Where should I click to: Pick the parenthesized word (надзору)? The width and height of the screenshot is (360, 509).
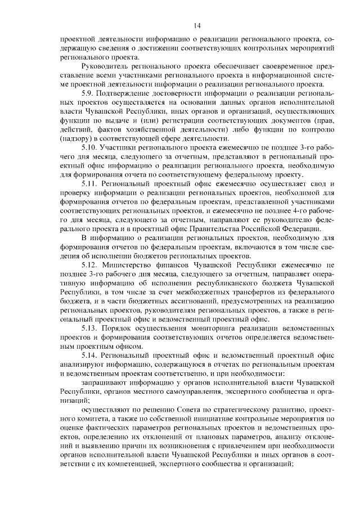pyautogui.click(x=78, y=138)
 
